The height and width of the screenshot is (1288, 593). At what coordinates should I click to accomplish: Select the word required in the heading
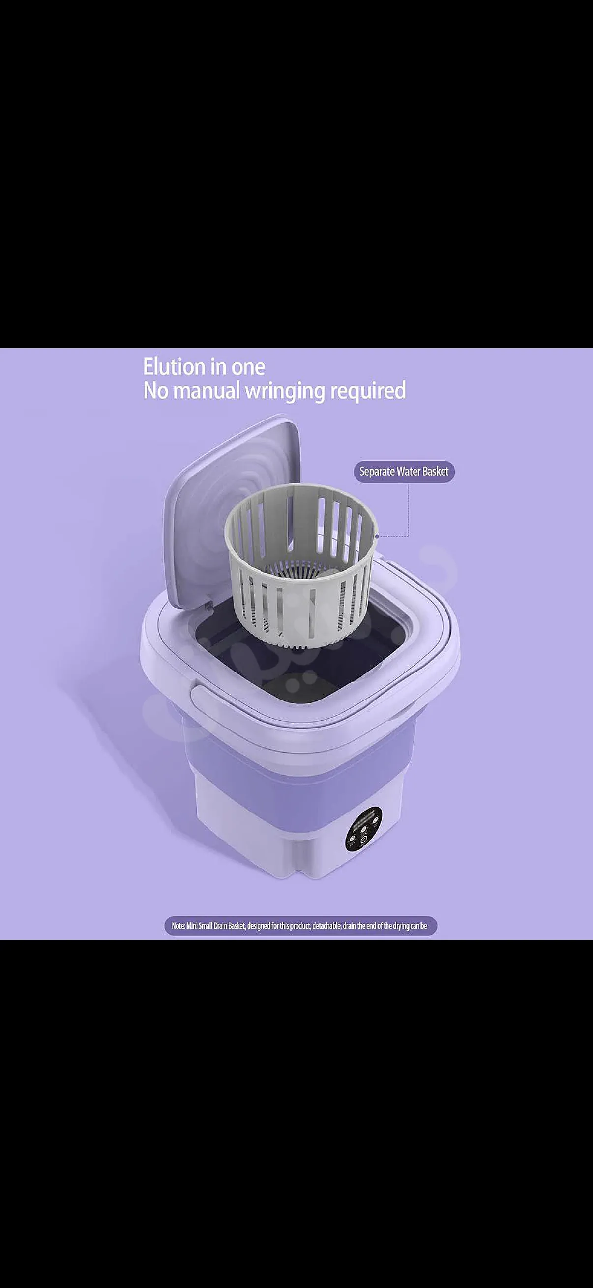[x=368, y=391]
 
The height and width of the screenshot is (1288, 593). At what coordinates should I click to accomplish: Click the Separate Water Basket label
[x=404, y=472]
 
